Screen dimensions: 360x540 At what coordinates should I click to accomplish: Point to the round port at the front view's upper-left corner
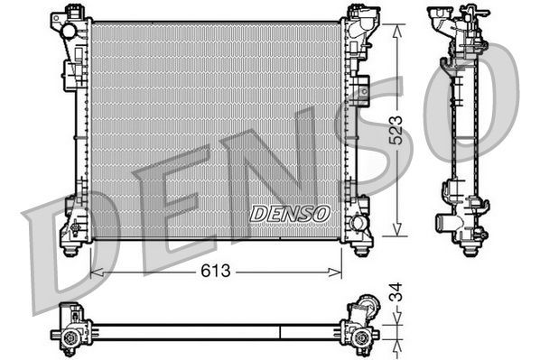(69, 31)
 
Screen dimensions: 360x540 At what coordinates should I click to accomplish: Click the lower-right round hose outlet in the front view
(359, 222)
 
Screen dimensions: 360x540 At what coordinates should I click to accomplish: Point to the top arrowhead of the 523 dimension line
(394, 26)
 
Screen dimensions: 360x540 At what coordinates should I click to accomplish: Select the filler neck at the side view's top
(444, 18)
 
